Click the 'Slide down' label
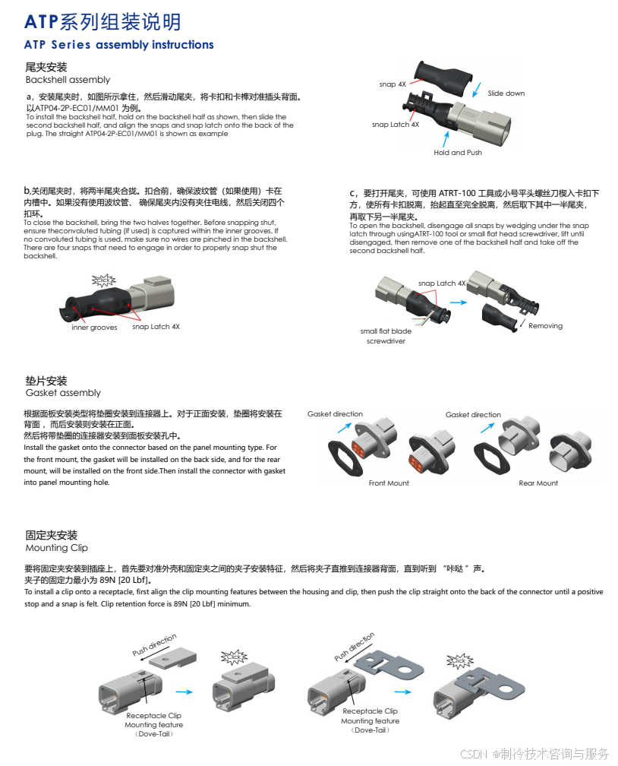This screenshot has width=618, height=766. click(x=506, y=93)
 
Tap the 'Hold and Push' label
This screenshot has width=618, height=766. click(x=457, y=153)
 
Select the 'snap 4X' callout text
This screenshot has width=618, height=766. click(x=393, y=84)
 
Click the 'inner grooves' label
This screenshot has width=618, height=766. click(x=94, y=328)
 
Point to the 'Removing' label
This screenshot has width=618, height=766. click(x=545, y=326)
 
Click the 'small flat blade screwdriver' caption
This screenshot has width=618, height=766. click(x=386, y=336)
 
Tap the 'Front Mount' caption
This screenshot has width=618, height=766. click(x=389, y=483)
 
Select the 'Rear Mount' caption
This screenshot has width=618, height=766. click(x=538, y=483)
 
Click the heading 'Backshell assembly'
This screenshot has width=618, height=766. click(x=68, y=80)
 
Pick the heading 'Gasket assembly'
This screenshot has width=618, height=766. click(x=63, y=393)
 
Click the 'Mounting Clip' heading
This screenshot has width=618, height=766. click(x=57, y=548)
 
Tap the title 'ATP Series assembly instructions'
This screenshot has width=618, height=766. click(x=118, y=44)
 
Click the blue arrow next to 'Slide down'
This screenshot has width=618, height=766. click(x=477, y=90)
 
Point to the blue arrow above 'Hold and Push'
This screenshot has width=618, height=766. click(x=445, y=139)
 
